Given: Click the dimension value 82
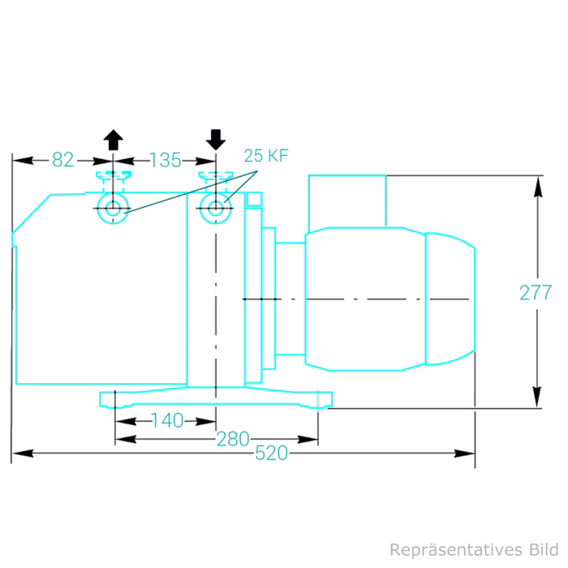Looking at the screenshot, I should tap(62, 160).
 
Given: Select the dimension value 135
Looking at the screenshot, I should tap(166, 160).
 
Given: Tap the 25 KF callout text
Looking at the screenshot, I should tap(266, 157).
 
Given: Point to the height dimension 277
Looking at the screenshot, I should tap(536, 293).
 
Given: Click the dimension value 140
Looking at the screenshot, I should tap(167, 420).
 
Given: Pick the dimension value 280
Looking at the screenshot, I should tap(233, 439).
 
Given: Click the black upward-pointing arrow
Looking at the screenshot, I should tap(114, 139).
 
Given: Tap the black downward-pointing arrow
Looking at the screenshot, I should tap(215, 139).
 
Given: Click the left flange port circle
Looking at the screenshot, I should tap(114, 208).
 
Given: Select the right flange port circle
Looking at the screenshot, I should tap(215, 208).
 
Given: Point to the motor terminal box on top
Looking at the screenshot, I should tap(346, 200).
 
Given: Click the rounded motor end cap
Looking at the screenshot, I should tap(450, 299).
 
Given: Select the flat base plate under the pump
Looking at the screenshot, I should tap(215, 398).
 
